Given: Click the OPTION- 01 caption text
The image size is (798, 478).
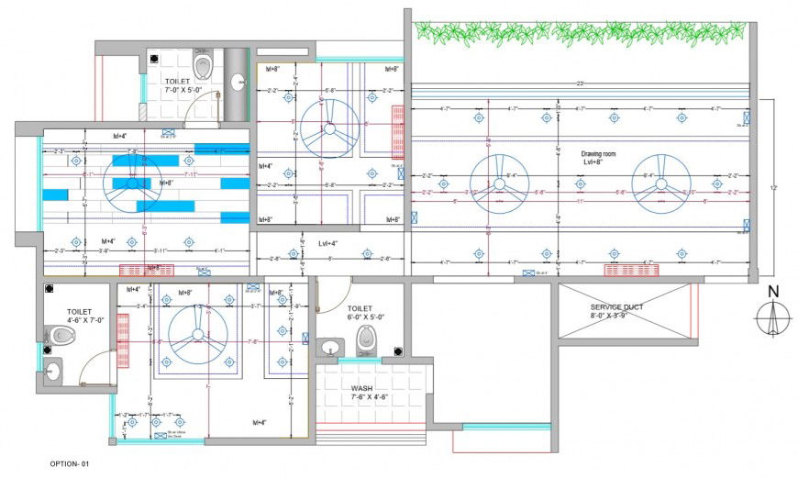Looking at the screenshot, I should (71, 465).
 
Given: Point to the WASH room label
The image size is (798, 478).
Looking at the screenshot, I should (363, 393).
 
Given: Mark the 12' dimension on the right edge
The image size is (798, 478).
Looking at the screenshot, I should (774, 187).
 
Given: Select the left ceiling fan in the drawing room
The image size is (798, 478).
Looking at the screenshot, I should (499, 183).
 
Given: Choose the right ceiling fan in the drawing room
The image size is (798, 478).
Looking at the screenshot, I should (657, 183).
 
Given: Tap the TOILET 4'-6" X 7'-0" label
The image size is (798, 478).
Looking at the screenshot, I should (80, 317).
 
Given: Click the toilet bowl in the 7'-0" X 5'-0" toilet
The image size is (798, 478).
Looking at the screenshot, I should (204, 66).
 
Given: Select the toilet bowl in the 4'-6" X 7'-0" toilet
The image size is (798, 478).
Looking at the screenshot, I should (61, 336).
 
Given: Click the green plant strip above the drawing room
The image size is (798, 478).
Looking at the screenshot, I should (578, 34).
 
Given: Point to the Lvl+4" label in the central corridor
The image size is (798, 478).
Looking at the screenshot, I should (328, 244).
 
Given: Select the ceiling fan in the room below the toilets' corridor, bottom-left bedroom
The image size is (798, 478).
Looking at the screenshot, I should (196, 337).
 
